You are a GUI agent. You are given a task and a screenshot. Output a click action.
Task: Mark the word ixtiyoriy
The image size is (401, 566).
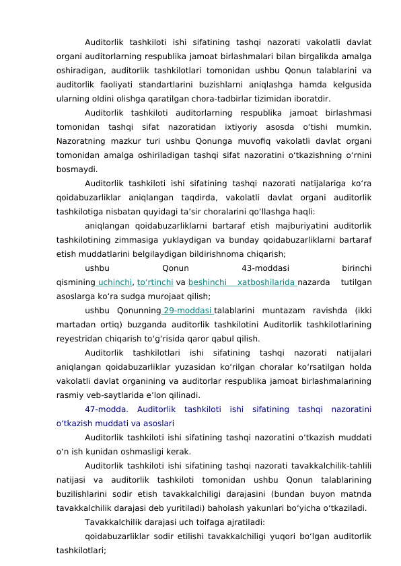click(x=239, y=126)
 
